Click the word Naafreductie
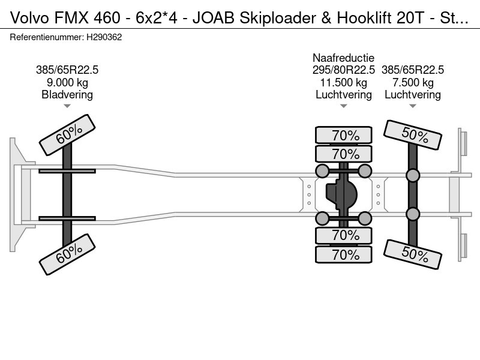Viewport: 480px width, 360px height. (x=343, y=58)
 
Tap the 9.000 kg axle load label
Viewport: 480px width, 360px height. (x=67, y=82)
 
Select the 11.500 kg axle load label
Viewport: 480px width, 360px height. (x=343, y=82)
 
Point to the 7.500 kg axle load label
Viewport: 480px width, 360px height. (x=412, y=82)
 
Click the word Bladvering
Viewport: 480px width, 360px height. (x=67, y=95)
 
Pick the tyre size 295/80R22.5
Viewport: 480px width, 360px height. (x=343, y=70)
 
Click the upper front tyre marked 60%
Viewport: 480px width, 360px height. (x=67, y=135)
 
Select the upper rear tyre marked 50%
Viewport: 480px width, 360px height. (x=413, y=136)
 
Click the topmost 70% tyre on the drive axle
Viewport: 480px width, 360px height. (x=344, y=135)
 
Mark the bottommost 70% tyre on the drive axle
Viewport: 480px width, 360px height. (x=344, y=255)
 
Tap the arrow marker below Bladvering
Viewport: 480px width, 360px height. (x=67, y=106)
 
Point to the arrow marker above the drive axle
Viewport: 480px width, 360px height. (x=343, y=106)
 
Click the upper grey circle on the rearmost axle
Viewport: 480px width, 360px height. (x=413, y=175)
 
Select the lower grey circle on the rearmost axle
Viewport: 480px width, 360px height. (x=413, y=214)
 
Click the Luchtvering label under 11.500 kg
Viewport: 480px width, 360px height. (x=343, y=95)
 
